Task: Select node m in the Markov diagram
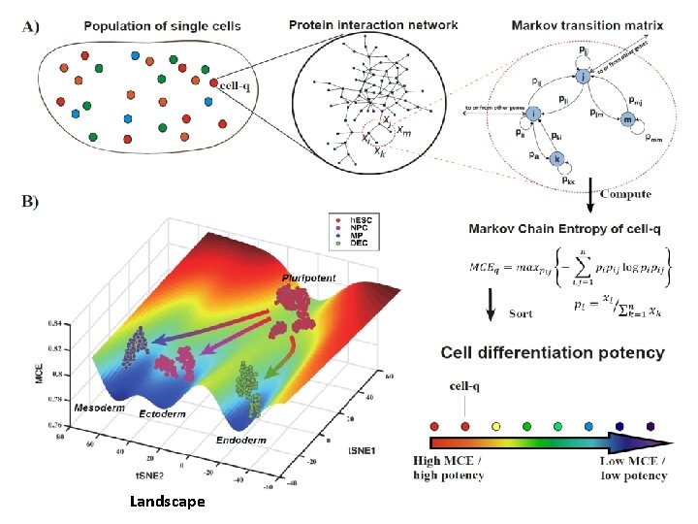628,120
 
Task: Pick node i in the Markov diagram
534,114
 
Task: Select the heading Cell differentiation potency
553,352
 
